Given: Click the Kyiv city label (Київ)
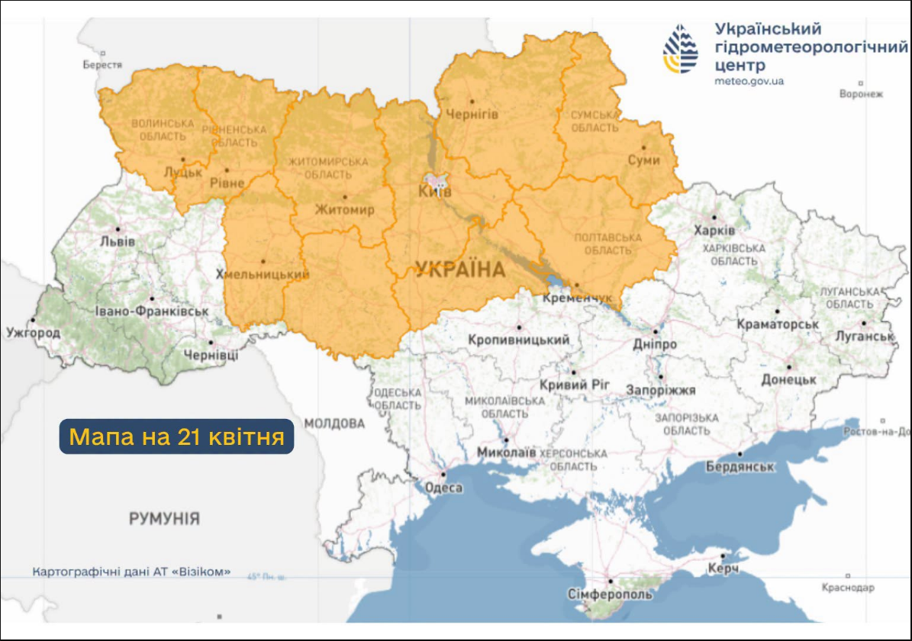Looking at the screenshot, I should (x=436, y=192).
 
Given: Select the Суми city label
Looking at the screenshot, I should (x=643, y=160).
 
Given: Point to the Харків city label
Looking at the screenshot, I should (x=714, y=230).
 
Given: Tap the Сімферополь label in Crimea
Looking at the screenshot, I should (x=610, y=594).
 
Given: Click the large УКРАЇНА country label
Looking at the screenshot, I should (x=460, y=269).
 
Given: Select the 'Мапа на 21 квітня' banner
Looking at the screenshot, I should (x=176, y=436).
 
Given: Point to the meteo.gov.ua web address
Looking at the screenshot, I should (x=749, y=81).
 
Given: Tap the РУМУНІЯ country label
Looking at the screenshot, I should (x=164, y=519).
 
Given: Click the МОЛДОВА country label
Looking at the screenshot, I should (x=334, y=423).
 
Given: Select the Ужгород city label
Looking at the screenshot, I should (x=33, y=333).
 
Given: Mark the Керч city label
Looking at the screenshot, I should (x=721, y=569).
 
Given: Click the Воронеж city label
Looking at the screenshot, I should (x=860, y=94).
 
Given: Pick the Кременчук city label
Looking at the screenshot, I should (x=577, y=298).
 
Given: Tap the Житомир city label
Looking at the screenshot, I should (x=345, y=209).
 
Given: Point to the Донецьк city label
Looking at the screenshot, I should (x=789, y=379).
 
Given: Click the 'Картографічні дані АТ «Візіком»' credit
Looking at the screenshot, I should (x=131, y=572).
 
